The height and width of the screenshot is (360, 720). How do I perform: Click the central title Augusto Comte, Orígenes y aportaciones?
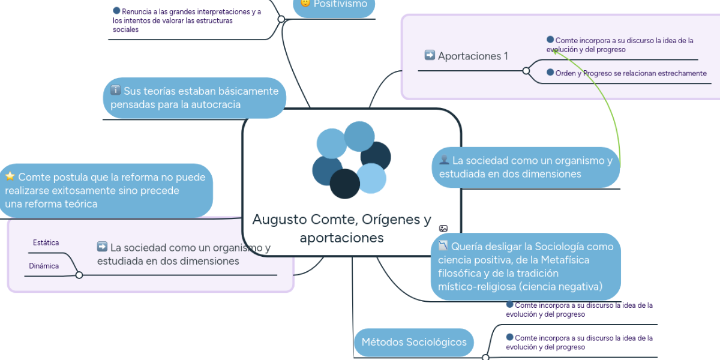coord(341,229)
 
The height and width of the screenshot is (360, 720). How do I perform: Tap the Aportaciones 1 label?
coord(473,56)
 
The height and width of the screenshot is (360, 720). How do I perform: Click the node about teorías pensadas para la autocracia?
coord(194,98)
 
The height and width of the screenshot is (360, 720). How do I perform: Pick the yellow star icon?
coord(10,176)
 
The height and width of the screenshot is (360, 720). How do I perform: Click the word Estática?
coord(46,242)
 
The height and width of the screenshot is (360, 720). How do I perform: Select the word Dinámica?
coord(44,266)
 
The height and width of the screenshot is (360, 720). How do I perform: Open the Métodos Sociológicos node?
coord(413,342)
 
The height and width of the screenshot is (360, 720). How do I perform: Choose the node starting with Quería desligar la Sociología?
coord(525,266)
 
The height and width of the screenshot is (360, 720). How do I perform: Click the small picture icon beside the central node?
coord(443,228)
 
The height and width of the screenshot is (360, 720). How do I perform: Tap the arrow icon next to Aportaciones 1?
coord(430,55)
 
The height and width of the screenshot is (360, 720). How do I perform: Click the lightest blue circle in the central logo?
coord(371,178)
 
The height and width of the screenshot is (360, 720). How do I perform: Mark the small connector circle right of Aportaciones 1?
coord(526,71)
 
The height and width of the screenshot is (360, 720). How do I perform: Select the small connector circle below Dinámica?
coord(79,275)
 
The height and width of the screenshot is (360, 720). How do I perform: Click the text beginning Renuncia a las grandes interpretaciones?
coord(187,20)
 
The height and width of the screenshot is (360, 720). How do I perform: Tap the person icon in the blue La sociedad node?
coord(445,160)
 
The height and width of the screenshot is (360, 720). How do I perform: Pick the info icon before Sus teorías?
coord(116,91)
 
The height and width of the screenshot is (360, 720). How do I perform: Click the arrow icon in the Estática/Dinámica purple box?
coord(102,247)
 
